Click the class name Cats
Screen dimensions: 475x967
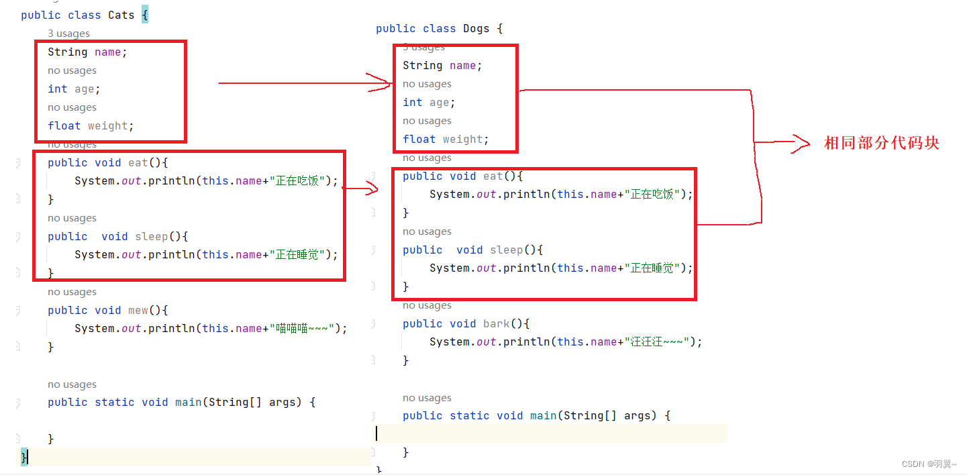coord(121,15)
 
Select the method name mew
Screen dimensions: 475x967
coord(138,310)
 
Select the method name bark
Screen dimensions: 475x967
coord(496,323)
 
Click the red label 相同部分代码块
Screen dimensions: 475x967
coord(881,143)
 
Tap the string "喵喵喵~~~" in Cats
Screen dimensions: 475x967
coord(302,328)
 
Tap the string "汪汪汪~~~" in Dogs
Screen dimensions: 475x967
coord(657,341)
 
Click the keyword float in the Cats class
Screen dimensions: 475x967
coord(64,125)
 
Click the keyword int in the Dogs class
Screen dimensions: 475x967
coord(412,102)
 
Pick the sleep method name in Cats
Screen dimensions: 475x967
coord(151,236)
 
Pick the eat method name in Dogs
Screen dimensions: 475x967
coord(493,176)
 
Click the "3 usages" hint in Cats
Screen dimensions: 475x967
coord(68,34)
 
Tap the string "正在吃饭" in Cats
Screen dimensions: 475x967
coord(299,180)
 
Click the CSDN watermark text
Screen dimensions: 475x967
coord(929,464)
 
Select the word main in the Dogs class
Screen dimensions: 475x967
coord(543,415)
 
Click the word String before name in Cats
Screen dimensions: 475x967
coord(67,52)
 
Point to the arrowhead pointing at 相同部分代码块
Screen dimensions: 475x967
coord(802,143)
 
